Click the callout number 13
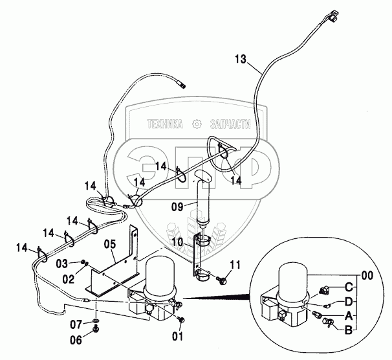pyautogui.click(x=240, y=60)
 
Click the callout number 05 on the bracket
pyautogui.click(x=110, y=245)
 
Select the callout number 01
pyautogui.click(x=177, y=335)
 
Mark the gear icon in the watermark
pyautogui.click(x=196, y=124)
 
